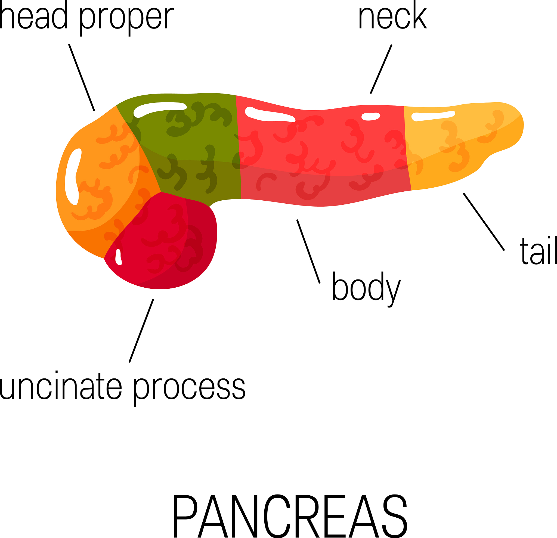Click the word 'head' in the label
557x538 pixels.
[33, 15]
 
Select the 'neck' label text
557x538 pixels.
[392, 15]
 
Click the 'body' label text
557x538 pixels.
[366, 289]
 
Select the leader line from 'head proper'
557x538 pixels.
[82, 77]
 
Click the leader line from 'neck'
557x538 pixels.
[381, 69]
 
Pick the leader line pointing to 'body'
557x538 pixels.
[309, 251]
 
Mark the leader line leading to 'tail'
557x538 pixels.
[484, 222]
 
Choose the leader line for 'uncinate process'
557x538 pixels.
[141, 331]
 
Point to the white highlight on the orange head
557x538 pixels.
[73, 176]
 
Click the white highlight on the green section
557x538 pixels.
[159, 109]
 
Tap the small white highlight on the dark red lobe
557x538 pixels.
[119, 257]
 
